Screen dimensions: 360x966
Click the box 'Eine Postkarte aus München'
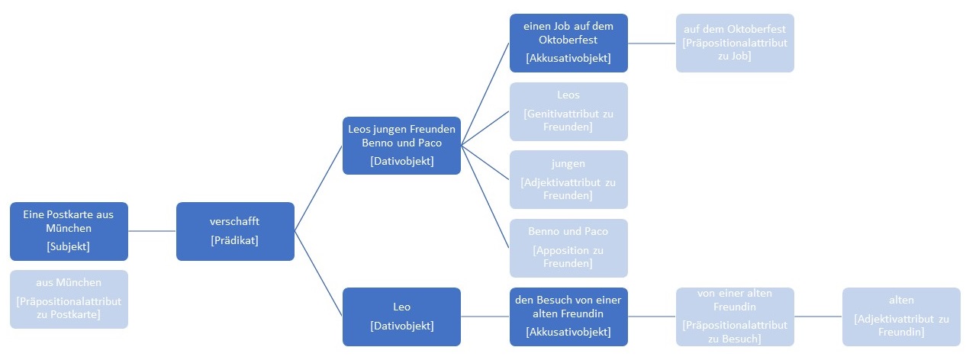click(x=69, y=230)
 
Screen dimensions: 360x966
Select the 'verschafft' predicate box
click(x=235, y=230)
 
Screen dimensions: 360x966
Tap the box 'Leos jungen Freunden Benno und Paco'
click(x=401, y=145)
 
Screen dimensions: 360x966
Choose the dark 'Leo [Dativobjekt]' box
click(x=401, y=317)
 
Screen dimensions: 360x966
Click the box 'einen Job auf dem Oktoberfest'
click(x=568, y=43)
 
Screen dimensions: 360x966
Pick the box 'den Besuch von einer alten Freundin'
click(x=568, y=317)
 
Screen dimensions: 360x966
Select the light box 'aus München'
click(x=69, y=299)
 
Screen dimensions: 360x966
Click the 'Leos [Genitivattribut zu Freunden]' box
click(x=568, y=111)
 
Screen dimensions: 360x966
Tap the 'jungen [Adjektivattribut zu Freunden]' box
click(x=568, y=179)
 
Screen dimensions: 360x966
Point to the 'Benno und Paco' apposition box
click(x=568, y=248)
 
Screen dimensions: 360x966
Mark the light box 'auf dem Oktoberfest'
click(x=735, y=43)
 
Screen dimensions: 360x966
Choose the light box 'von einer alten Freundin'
click(x=735, y=317)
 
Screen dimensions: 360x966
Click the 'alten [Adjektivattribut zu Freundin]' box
click(x=901, y=317)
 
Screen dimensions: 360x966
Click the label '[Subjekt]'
click(x=69, y=246)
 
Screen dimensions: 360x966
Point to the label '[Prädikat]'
click(x=235, y=240)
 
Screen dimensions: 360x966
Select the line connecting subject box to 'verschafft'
click(x=152, y=230)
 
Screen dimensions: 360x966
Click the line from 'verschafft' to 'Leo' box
click(x=319, y=274)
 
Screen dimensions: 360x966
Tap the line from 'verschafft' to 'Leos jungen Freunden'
click(x=319, y=188)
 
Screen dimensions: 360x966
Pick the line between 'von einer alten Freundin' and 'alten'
click(x=818, y=317)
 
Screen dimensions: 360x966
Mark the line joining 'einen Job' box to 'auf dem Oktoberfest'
click(x=652, y=43)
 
